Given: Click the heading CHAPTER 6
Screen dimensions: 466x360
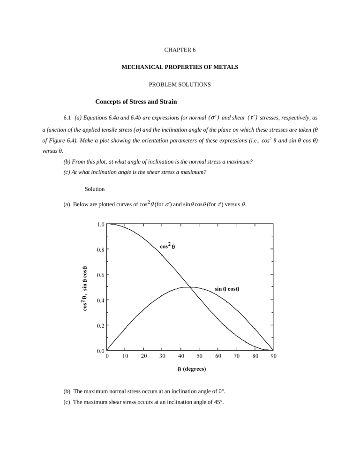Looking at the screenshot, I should (x=180, y=50).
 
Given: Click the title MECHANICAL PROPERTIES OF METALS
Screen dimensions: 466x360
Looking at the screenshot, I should (x=180, y=68).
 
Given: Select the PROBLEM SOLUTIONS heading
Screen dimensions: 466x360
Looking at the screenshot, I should (x=180, y=84).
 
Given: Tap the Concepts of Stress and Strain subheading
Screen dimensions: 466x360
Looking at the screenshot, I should (x=136, y=102).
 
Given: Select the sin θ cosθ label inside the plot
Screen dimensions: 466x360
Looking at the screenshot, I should (x=227, y=289).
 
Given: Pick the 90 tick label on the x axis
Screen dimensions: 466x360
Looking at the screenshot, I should (x=273, y=357).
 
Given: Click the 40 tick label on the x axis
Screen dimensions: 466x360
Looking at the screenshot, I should (x=181, y=357).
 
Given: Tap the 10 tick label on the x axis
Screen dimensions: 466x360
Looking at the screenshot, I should (x=125, y=357).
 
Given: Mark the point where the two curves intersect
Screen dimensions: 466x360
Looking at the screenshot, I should (x=190, y=287).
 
